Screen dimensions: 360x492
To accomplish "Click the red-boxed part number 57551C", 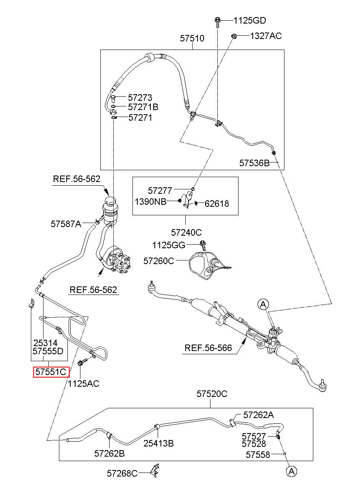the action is [x=51, y=372].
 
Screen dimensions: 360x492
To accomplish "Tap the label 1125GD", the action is [x=249, y=21].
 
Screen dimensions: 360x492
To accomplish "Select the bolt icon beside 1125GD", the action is [x=217, y=22].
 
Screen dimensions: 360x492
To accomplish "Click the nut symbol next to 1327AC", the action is [x=234, y=36].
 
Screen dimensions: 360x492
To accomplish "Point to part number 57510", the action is [x=192, y=38].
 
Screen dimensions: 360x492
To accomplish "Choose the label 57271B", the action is [x=143, y=107].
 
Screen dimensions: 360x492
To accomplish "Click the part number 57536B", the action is [x=254, y=163].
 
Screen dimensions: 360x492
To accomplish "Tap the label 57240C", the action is [x=186, y=232].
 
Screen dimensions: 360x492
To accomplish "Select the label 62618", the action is [x=217, y=204].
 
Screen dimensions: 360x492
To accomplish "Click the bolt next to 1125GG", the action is [x=203, y=245].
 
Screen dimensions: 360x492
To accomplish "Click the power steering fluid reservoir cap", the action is [x=111, y=201].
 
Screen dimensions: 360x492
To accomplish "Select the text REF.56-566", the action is [x=208, y=348].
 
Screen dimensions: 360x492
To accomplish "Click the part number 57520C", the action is [x=212, y=394].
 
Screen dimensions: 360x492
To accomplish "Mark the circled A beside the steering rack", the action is [x=263, y=304].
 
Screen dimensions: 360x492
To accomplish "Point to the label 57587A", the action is [x=66, y=224].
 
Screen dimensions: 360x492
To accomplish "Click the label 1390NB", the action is [x=150, y=202].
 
